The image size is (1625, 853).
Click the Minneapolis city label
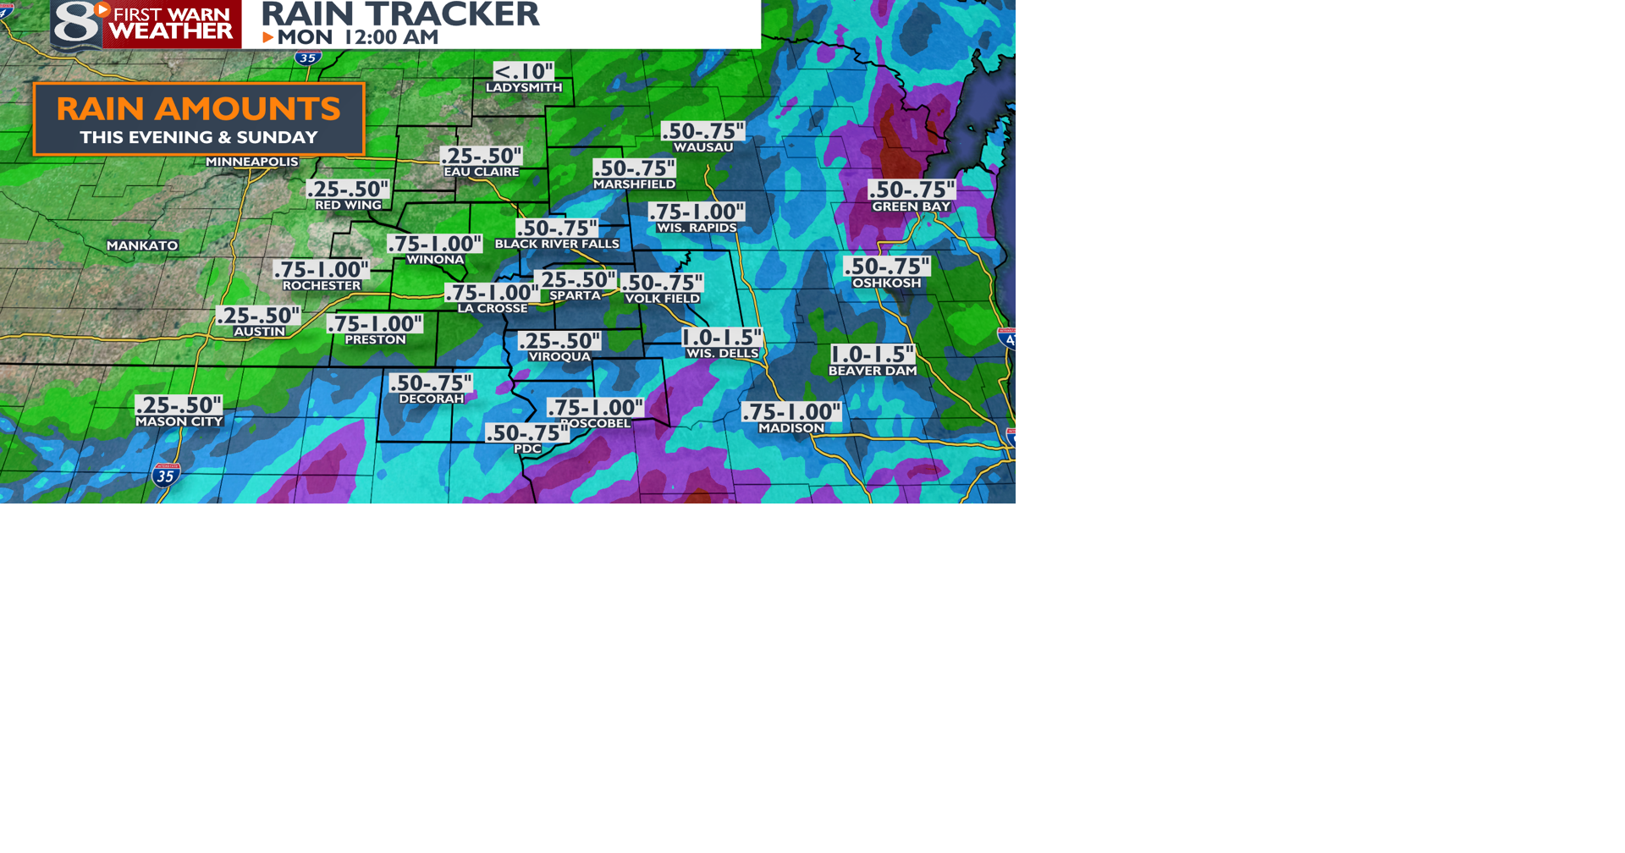(x=252, y=162)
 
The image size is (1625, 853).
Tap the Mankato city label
(x=142, y=245)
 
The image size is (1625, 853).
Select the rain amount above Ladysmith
(x=524, y=72)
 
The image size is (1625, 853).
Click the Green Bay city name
(x=912, y=206)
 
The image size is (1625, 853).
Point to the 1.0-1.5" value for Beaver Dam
(x=872, y=355)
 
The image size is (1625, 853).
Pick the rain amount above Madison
(x=791, y=412)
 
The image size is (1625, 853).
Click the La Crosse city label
(x=493, y=309)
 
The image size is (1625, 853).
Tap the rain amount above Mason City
(x=179, y=405)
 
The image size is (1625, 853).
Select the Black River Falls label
(x=557, y=244)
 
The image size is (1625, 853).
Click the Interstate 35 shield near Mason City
(x=166, y=476)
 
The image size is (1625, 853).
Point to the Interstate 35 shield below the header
(x=307, y=58)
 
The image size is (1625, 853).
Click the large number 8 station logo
(x=75, y=24)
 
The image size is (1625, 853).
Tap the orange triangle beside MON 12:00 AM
(x=267, y=37)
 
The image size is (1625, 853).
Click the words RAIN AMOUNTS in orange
(x=198, y=108)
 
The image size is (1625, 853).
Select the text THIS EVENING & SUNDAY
(x=198, y=137)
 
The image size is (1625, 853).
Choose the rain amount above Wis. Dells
(x=722, y=338)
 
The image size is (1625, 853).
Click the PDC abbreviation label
(x=527, y=449)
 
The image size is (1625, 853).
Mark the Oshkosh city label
(x=886, y=283)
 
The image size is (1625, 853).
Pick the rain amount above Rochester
(x=321, y=270)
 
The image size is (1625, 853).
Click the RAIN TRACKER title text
(x=399, y=14)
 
